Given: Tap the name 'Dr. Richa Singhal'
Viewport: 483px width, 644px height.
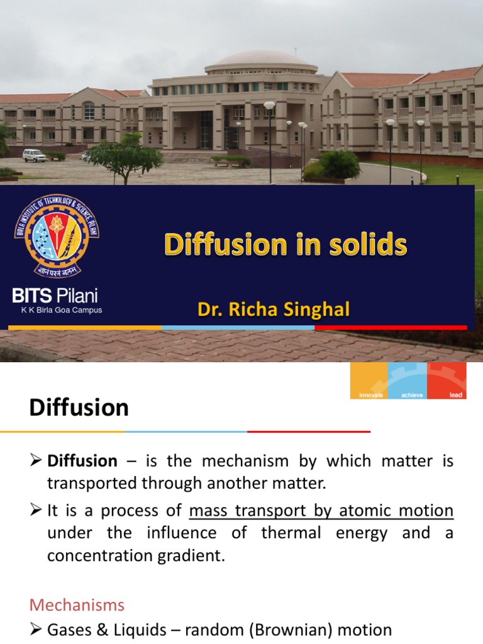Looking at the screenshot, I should (274, 310).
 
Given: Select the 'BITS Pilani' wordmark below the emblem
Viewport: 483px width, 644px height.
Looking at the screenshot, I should (56, 296).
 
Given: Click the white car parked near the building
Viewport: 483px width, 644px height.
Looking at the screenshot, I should (34, 155).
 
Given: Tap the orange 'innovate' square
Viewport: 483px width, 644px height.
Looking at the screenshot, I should (369, 381).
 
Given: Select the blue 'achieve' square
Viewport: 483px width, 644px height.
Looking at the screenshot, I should (408, 381).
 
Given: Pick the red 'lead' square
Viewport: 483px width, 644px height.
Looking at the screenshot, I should (447, 381).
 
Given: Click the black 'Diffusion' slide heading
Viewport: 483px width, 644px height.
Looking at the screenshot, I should (79, 408).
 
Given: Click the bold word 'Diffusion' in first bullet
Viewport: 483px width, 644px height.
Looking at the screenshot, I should (82, 461).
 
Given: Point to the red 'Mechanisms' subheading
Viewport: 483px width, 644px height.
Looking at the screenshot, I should (77, 605).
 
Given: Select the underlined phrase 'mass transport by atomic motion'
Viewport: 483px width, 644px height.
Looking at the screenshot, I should (321, 510).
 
